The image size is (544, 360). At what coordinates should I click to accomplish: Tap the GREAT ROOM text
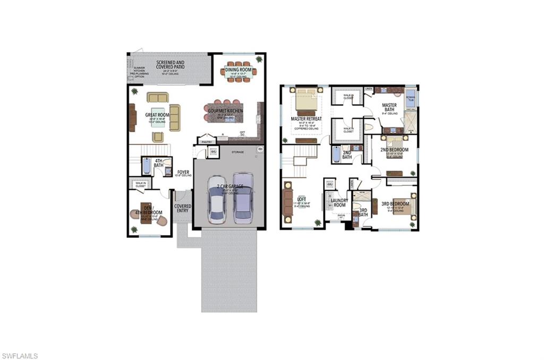pyautogui.click(x=157, y=115)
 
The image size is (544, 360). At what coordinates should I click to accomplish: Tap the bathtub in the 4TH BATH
pyautogui.click(x=147, y=167)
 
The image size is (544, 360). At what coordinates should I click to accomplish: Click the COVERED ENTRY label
pyautogui.click(x=183, y=208)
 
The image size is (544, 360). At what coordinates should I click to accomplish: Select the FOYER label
pyautogui.click(x=183, y=172)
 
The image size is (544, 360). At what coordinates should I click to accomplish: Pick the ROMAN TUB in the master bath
pyautogui.click(x=410, y=98)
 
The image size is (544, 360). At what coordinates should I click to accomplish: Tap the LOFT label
pyautogui.click(x=302, y=199)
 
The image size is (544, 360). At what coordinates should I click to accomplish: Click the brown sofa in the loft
pyautogui.click(x=287, y=202)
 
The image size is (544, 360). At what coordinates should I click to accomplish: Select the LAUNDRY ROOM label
pyautogui.click(x=339, y=202)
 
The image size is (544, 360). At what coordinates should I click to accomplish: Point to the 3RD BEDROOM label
pyautogui.click(x=395, y=203)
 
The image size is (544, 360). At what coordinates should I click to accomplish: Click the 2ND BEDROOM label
pyautogui.click(x=395, y=150)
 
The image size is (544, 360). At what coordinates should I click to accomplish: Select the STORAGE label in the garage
pyautogui.click(x=237, y=152)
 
